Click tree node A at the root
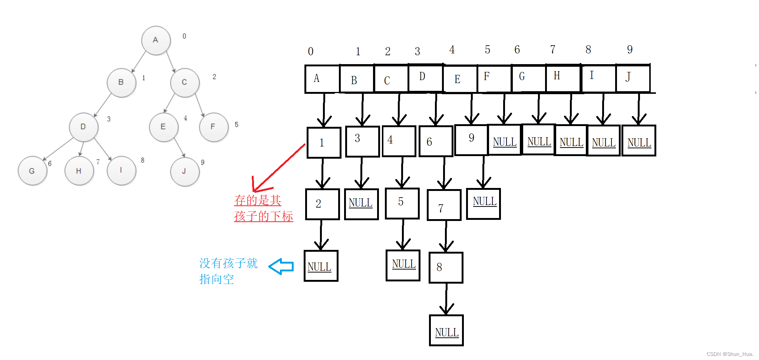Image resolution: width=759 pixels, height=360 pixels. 156,40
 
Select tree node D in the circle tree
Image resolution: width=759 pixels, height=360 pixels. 83,127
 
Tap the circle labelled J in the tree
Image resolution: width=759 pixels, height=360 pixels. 185,171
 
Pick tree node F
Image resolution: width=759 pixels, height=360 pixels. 213,127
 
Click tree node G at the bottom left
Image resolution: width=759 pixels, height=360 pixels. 32,171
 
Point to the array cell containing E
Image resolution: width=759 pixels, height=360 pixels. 460,79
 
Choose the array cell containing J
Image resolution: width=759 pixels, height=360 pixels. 633,78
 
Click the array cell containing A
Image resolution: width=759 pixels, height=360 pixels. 322,79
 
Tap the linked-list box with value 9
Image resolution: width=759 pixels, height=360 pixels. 471,140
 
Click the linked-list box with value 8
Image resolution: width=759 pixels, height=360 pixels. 446,267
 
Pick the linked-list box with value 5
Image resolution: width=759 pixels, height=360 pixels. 402,203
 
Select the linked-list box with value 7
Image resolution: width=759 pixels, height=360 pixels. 444,205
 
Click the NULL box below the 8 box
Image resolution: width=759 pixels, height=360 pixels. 446,330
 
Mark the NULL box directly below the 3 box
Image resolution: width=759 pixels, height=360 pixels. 361,204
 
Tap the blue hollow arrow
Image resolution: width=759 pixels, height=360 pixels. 281,267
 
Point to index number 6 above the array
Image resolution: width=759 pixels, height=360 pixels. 517,50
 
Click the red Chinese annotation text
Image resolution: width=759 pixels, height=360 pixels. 263,208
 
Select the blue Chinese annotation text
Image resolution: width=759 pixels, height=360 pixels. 228,271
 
